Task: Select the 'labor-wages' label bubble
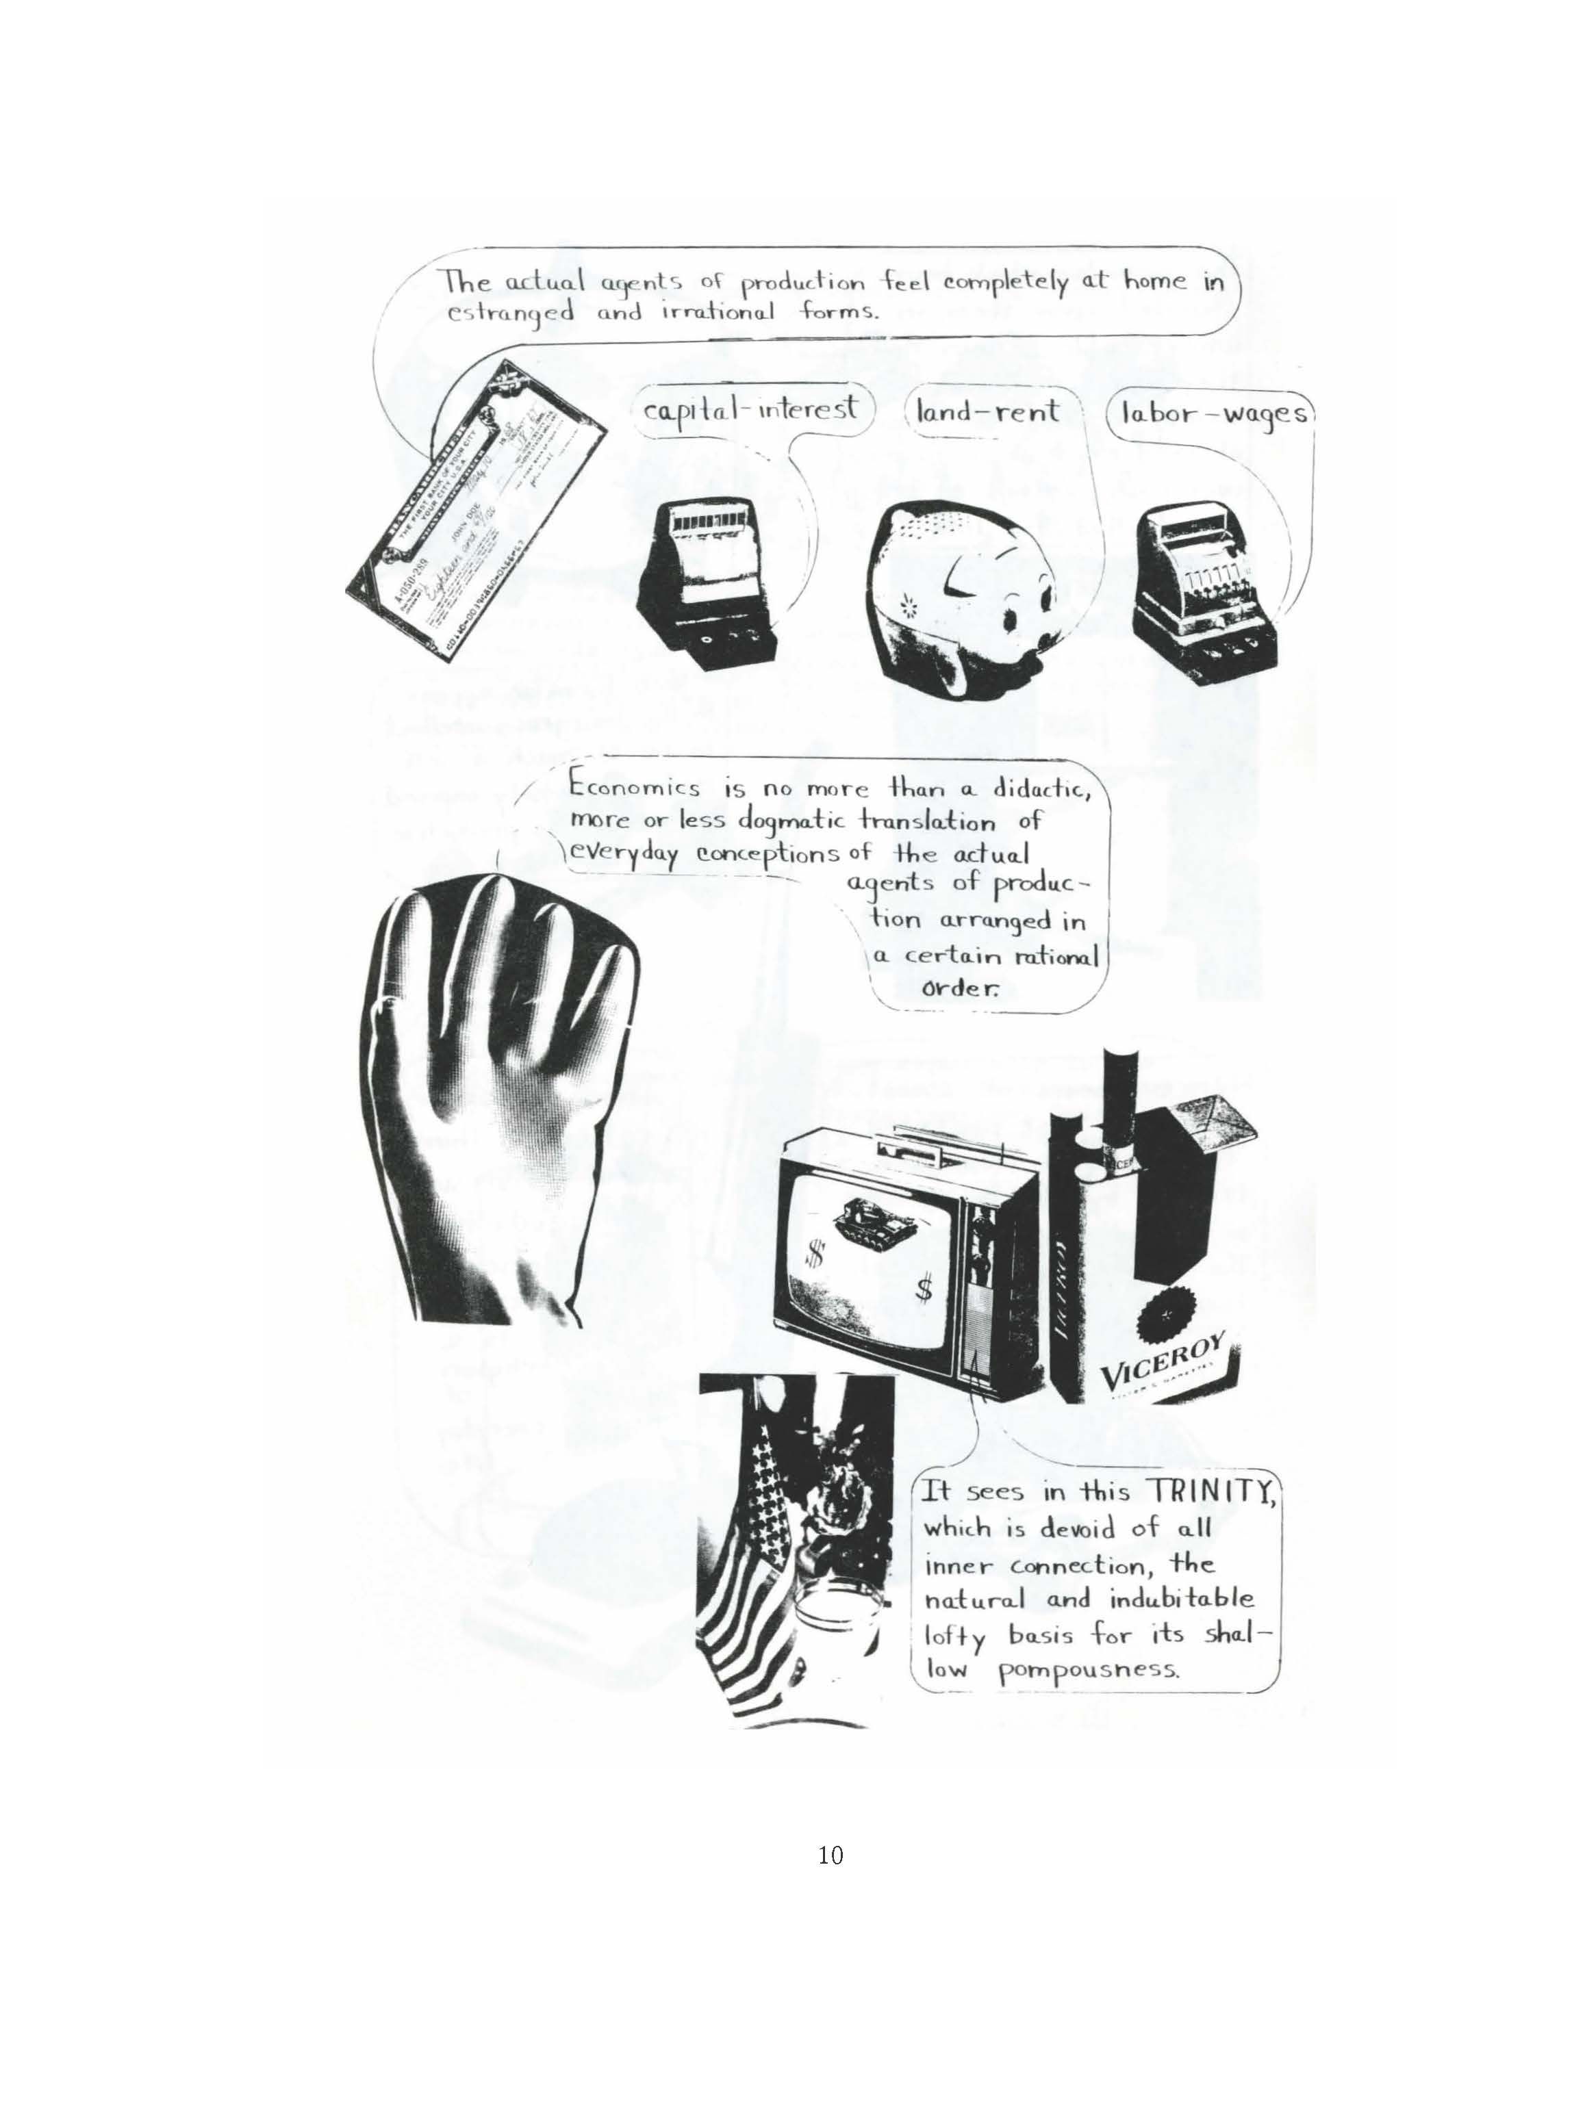click(1211, 415)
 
